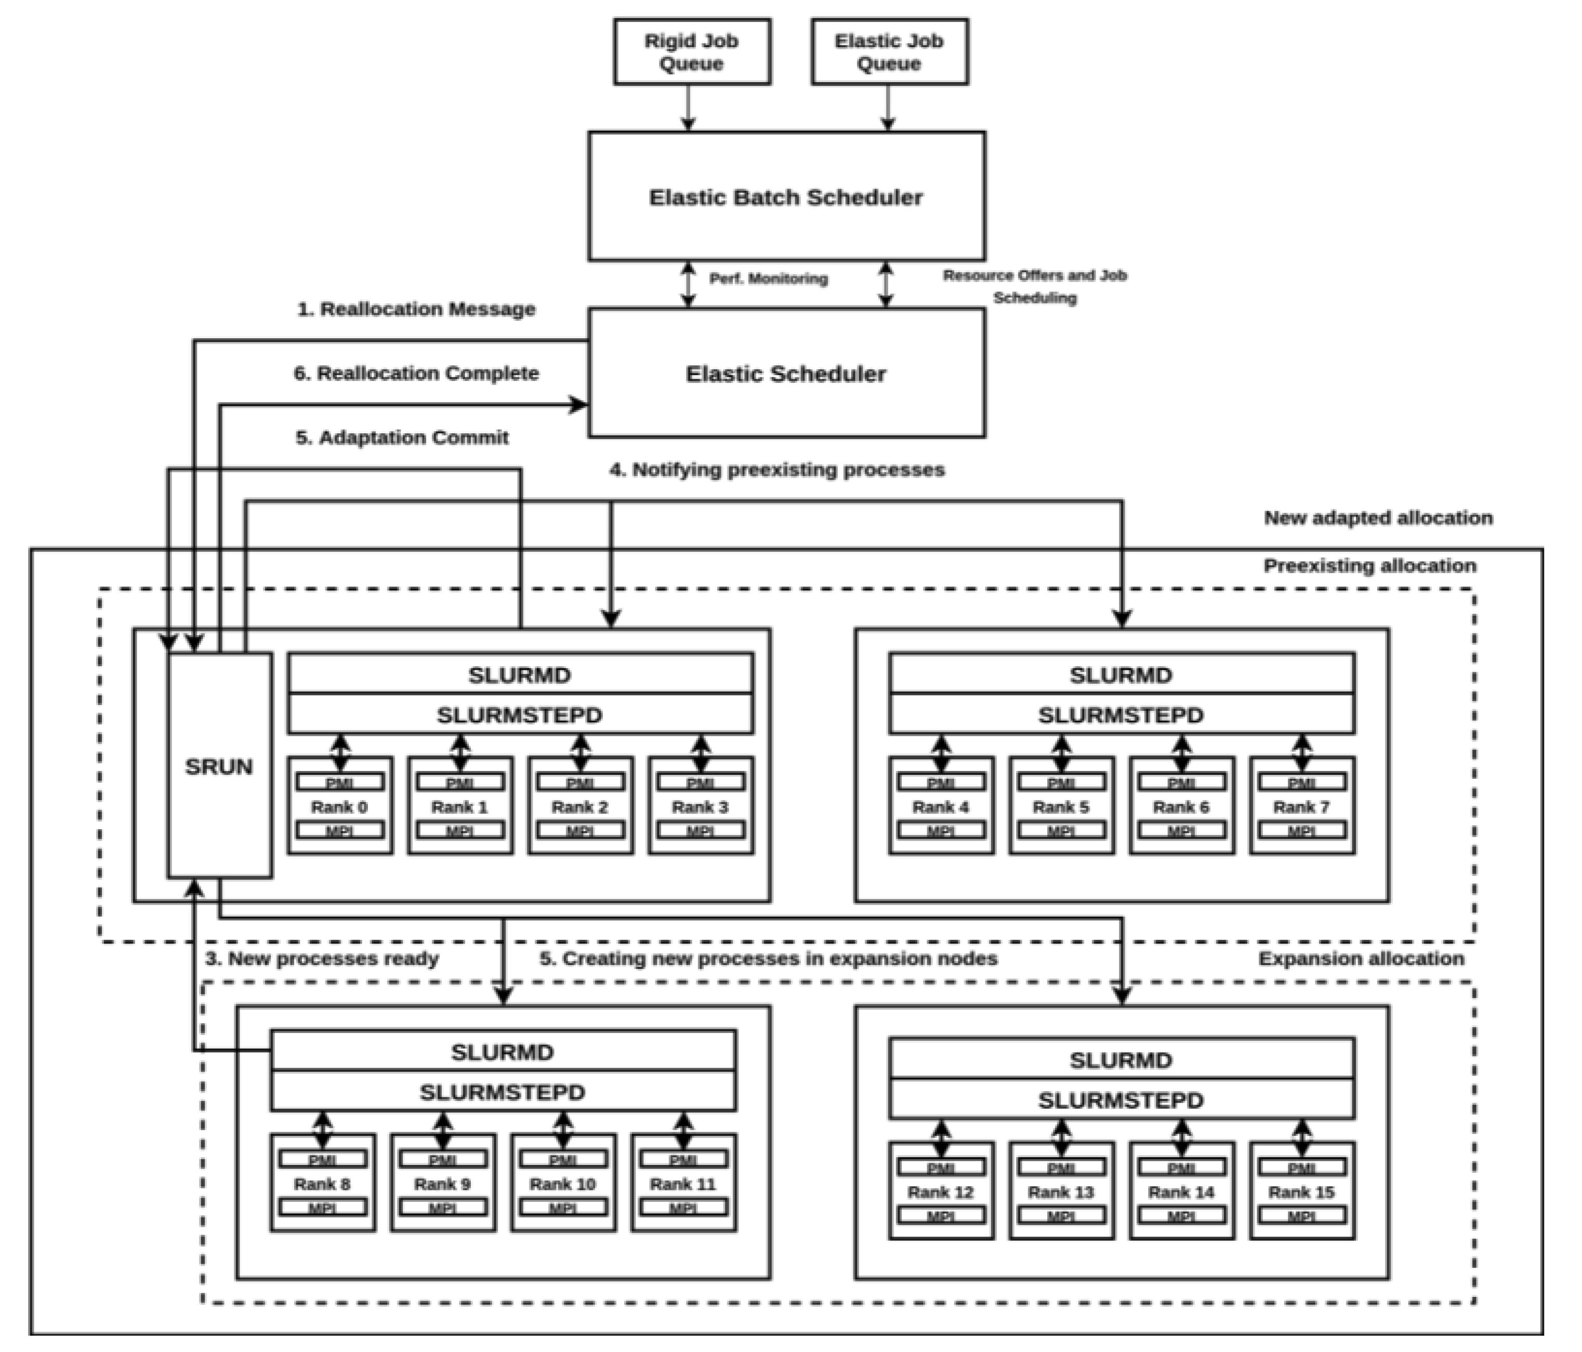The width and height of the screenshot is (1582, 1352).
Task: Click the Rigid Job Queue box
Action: (x=692, y=52)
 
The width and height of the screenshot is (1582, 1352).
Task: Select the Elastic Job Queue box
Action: (x=890, y=52)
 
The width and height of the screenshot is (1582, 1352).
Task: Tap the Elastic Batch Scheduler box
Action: (x=786, y=197)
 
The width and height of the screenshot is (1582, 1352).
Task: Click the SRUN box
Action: (x=219, y=766)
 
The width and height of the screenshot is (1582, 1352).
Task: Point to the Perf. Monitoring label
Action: (x=768, y=279)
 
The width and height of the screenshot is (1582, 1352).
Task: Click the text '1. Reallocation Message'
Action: (x=416, y=309)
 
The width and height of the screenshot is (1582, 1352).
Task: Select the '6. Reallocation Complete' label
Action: (x=416, y=373)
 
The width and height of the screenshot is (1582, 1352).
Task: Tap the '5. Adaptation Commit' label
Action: (x=402, y=438)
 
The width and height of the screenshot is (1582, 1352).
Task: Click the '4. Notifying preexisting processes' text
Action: (x=776, y=470)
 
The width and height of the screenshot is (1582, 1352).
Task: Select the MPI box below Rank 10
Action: (x=563, y=1208)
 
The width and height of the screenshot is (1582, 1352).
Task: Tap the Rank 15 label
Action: (x=1302, y=1192)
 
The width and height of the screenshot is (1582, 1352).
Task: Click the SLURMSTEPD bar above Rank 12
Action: (x=1121, y=1100)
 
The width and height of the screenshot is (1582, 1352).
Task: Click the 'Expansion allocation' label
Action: (x=1361, y=959)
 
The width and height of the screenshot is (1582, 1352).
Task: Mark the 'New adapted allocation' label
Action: (x=1378, y=518)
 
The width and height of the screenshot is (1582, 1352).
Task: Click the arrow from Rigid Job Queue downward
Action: (x=689, y=108)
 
